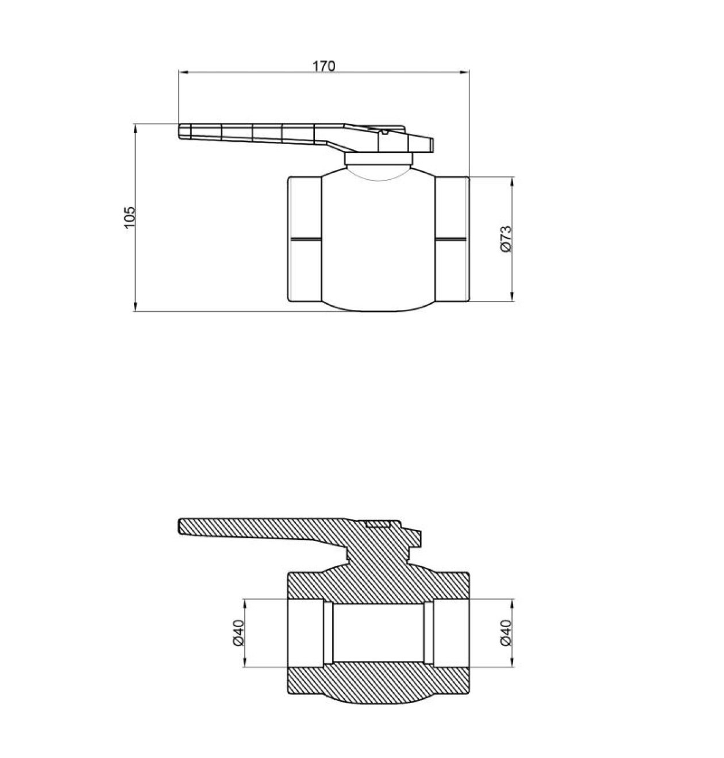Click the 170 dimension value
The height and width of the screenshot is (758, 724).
324,66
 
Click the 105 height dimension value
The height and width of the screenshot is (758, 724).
130,217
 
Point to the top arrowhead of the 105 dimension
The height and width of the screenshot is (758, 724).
136,129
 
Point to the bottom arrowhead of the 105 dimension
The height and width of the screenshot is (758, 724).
136,307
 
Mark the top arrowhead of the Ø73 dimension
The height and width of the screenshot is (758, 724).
512,181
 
